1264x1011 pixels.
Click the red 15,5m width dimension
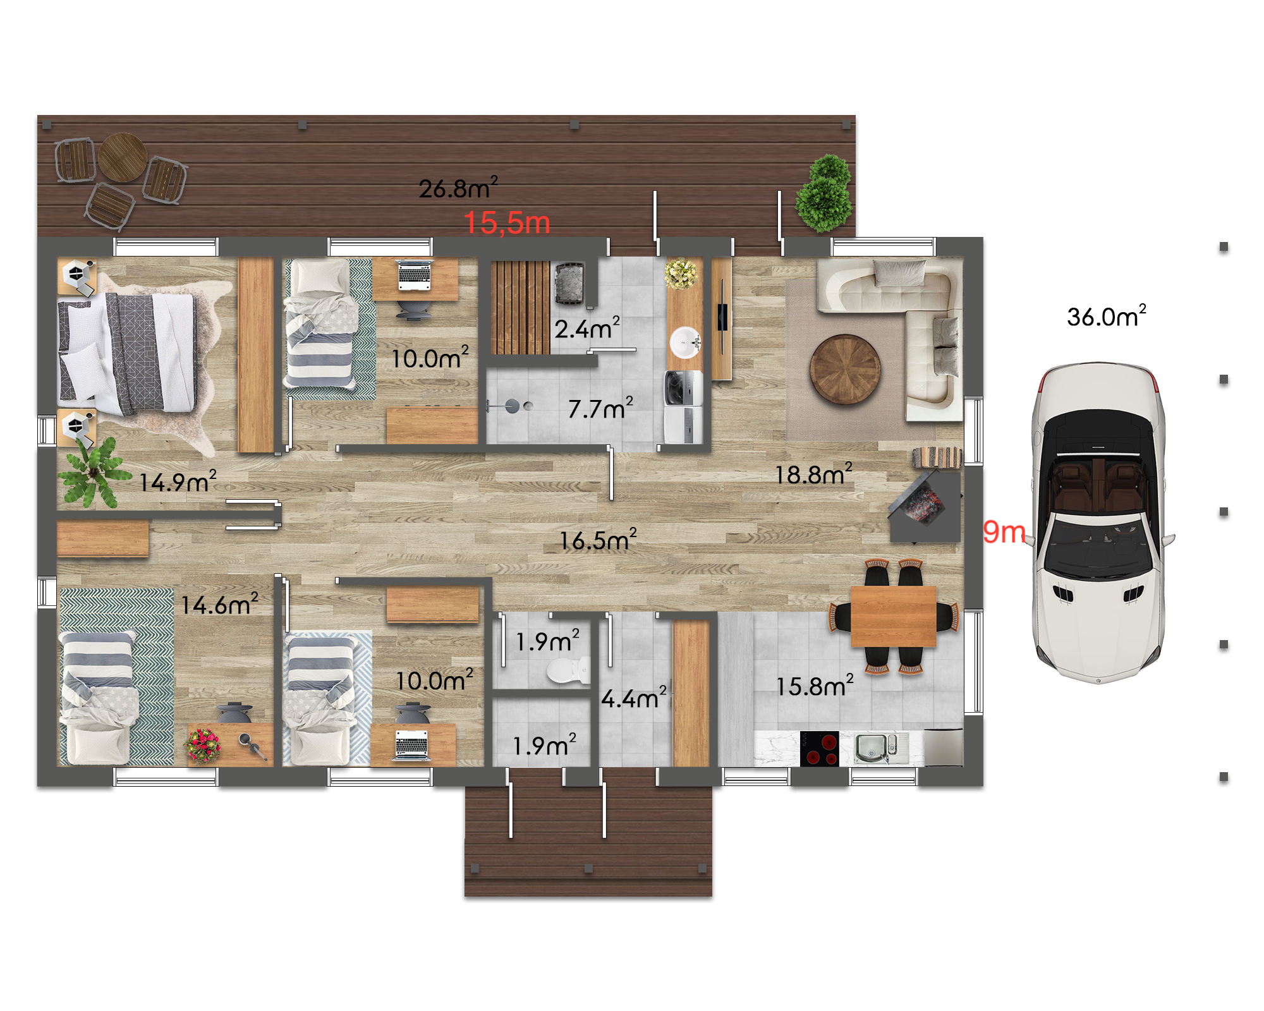pyautogui.click(x=507, y=223)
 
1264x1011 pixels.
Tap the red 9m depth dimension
pyautogui.click(x=1004, y=532)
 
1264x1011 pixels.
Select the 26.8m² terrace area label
pyautogui.click(x=458, y=188)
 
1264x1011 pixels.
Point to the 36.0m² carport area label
pyautogui.click(x=1107, y=316)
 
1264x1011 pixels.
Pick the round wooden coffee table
pyautogui.click(x=845, y=369)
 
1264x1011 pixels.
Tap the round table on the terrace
pyautogui.click(x=123, y=157)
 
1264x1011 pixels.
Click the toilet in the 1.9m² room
pyautogui.click(x=568, y=670)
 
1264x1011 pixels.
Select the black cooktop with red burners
pyautogui.click(x=819, y=749)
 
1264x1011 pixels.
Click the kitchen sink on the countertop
pyautogui.click(x=876, y=748)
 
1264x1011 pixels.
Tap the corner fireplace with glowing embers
pyautogui.click(x=924, y=506)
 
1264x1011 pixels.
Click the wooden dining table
pyautogui.click(x=893, y=616)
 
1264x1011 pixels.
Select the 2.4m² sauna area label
pyautogui.click(x=587, y=328)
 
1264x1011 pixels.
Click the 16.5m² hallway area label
pyautogui.click(x=598, y=540)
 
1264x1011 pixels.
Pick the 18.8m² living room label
pyautogui.click(x=814, y=473)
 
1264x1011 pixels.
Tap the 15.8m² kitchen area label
pyautogui.click(x=815, y=686)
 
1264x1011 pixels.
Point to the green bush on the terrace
pyautogui.click(x=825, y=193)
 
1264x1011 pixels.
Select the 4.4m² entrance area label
pyautogui.click(x=634, y=698)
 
